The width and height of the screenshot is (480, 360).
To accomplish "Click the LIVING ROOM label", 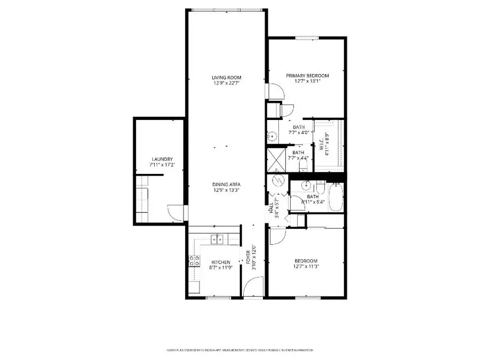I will point(227,77).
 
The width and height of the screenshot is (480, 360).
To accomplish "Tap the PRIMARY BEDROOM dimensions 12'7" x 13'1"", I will point(307,82).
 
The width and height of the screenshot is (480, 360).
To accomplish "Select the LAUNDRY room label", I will point(162,159).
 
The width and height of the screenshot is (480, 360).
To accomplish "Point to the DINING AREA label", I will point(226,185).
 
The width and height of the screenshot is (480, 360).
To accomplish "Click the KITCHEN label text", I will point(220,262).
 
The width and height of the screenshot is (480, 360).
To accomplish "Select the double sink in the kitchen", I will point(217,239).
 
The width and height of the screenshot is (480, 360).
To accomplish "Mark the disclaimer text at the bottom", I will point(239,350).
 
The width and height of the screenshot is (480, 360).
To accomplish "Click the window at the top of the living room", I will point(227,9).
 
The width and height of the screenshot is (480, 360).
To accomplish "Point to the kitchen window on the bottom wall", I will point(217,298).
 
